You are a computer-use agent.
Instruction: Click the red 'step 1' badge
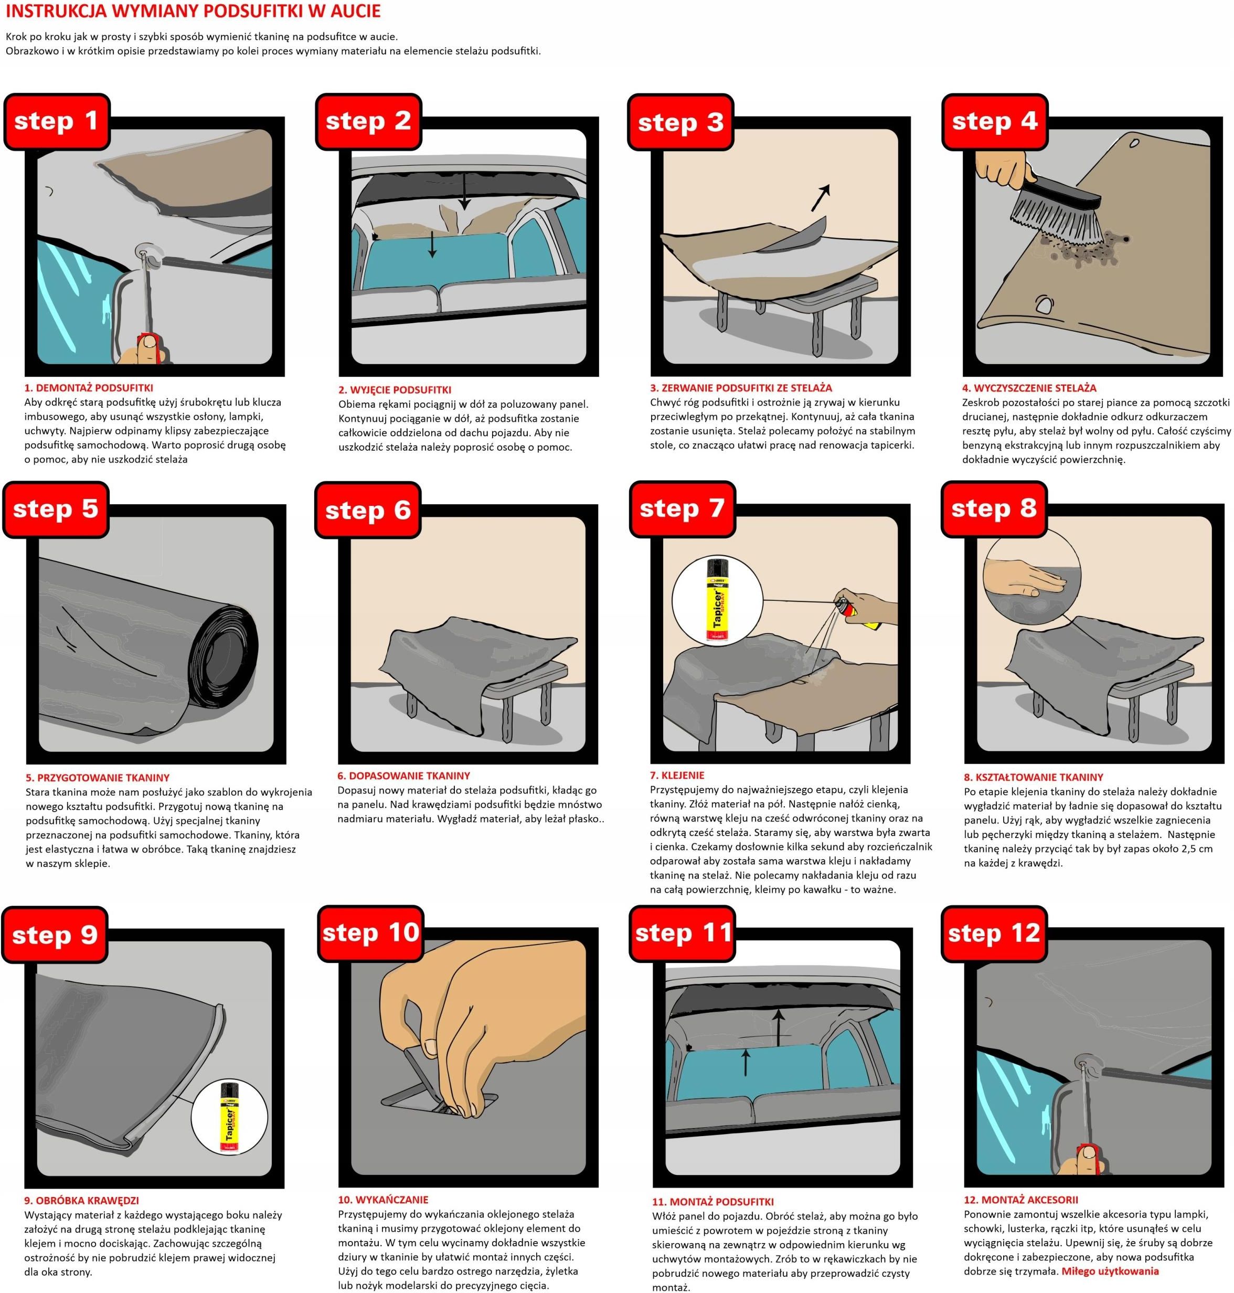(57, 122)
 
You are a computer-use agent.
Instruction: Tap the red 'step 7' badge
(682, 508)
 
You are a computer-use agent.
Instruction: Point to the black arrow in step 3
(820, 197)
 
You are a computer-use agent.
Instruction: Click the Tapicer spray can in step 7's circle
(715, 601)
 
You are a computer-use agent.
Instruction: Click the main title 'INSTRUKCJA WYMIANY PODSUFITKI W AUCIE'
(193, 11)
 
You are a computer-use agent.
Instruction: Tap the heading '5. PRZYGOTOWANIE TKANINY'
(98, 777)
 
